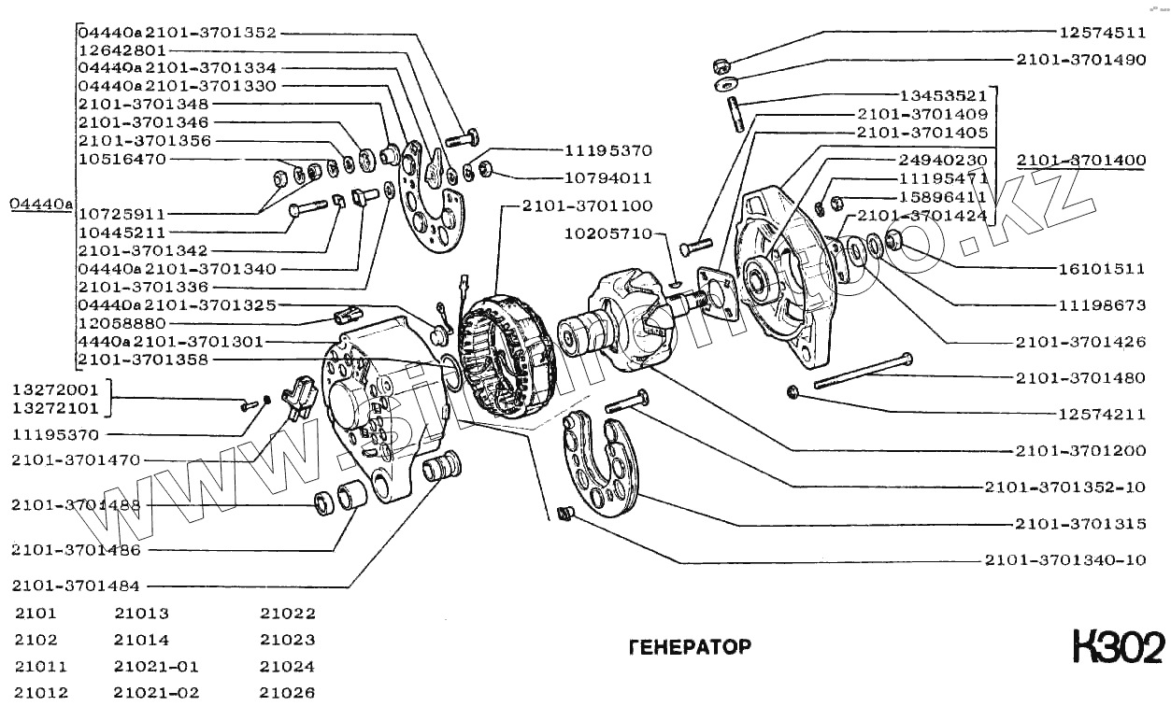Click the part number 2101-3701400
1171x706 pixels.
1080,161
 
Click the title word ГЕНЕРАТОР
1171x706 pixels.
690,647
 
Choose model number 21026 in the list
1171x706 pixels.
287,693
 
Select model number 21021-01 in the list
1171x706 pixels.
156,667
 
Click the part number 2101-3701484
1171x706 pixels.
76,586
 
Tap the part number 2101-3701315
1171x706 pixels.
1080,524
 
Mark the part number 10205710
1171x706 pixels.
607,234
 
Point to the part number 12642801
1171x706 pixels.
121,50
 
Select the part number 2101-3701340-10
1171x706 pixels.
1064,560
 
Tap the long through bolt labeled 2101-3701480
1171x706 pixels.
860,372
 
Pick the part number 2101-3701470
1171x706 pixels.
76,459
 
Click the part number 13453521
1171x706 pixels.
943,95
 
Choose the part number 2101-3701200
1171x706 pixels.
1080,450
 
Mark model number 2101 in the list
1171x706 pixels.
36,614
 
